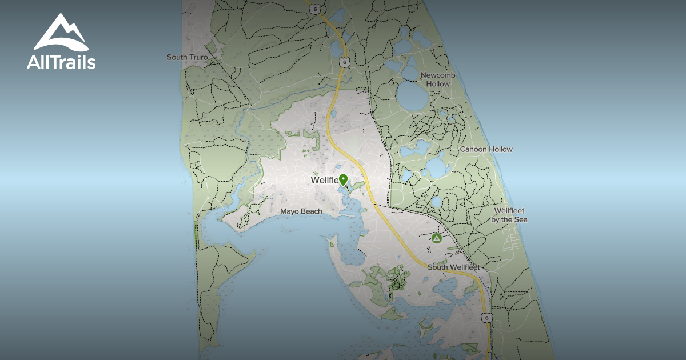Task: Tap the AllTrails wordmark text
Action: [x=61, y=62]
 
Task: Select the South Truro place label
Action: [x=187, y=57]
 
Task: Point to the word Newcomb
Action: [x=435, y=75]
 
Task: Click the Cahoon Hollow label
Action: [x=486, y=149]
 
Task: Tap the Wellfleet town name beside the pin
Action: [x=324, y=181]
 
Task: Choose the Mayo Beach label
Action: [x=301, y=211]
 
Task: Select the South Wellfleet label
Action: [x=453, y=267]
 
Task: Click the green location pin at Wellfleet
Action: [x=343, y=179]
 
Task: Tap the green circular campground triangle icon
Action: [x=437, y=238]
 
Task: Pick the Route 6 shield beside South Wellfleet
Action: [x=486, y=317]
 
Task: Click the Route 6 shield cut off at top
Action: [x=314, y=7]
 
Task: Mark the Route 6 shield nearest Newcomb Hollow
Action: [x=342, y=62]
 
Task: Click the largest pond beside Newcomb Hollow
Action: [x=413, y=95]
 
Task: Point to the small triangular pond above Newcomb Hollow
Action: [x=410, y=59]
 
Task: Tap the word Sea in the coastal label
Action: [x=520, y=219]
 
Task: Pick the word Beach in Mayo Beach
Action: [x=312, y=211]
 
